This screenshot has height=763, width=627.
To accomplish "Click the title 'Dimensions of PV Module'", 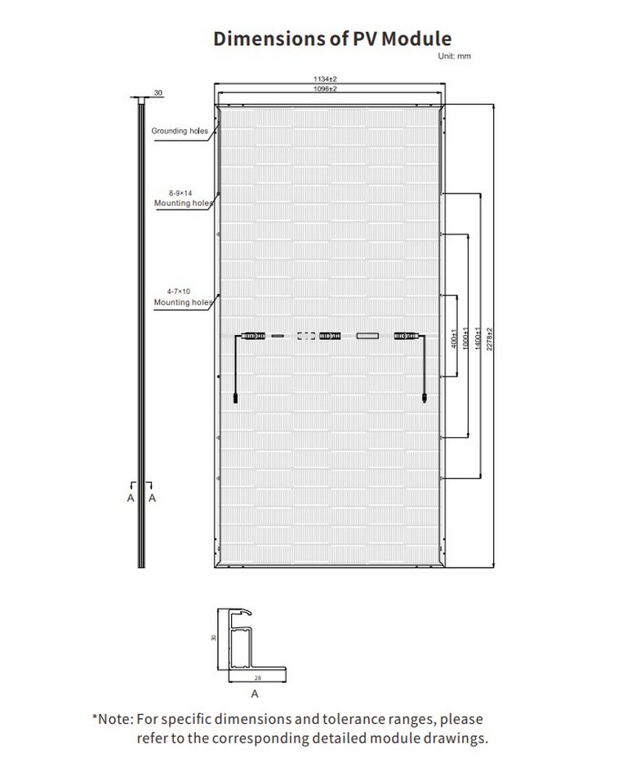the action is pyautogui.click(x=332, y=38).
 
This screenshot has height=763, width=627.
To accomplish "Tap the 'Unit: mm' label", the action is pyautogui.click(x=454, y=56).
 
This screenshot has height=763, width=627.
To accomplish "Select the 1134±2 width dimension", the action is pyautogui.click(x=325, y=78).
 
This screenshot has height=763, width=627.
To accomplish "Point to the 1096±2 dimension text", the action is pyautogui.click(x=325, y=88).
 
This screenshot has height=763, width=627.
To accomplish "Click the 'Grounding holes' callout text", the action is pyautogui.click(x=180, y=131).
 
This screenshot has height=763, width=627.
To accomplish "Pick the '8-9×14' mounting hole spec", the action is pyautogui.click(x=180, y=193).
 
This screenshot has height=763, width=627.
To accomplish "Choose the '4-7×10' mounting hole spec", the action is pyautogui.click(x=179, y=292).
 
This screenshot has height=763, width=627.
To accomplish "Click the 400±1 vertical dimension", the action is pyautogui.click(x=454, y=338).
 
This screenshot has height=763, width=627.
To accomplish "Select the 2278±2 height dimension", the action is pyautogui.click(x=489, y=339).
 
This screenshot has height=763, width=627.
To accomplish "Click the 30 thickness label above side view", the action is pyautogui.click(x=158, y=92).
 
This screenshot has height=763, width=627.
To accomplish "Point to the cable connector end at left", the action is pyautogui.click(x=236, y=398).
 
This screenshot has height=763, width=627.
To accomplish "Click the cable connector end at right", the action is pyautogui.click(x=425, y=398).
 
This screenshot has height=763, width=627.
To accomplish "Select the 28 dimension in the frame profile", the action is pyautogui.click(x=258, y=678).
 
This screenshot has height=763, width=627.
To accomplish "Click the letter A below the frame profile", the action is pyautogui.click(x=255, y=694).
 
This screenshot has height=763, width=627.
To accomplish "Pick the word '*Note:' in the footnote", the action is pyautogui.click(x=113, y=719).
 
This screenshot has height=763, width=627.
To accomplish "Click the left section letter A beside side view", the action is pyautogui.click(x=131, y=498).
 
